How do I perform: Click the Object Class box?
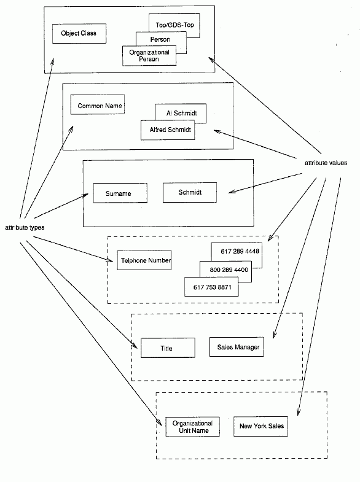coord(79,34)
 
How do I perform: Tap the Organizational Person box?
coord(149,56)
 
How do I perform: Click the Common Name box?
coord(98,104)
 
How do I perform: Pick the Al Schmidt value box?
coord(181,112)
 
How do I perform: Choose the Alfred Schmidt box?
coord(168,130)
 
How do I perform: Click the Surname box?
coord(120,193)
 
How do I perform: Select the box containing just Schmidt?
coord(190,192)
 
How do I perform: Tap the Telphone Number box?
coord(144,260)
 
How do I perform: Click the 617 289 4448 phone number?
coord(240,252)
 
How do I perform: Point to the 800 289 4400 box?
coord(229,270)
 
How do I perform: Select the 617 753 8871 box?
coord(211,287)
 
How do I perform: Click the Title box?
coord(168,348)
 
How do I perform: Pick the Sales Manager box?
coord(237,347)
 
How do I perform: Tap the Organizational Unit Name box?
coord(193,427)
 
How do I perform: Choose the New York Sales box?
coord(260,426)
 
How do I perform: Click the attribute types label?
coord(25,227)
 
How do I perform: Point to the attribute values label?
coord(326,163)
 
